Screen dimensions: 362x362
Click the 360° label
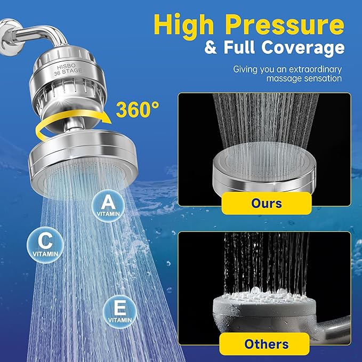click(x=138, y=110)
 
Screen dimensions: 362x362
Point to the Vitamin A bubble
click(x=108, y=205)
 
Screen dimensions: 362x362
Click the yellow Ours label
click(x=266, y=204)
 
